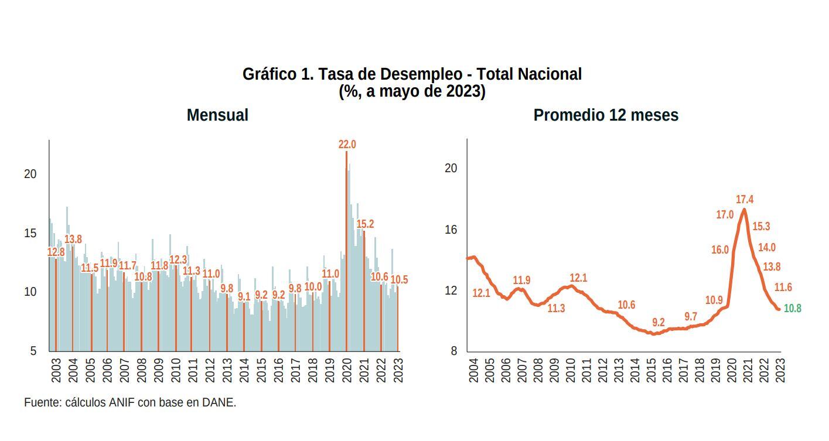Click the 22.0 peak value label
click(x=347, y=144)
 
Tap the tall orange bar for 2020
click(x=346, y=252)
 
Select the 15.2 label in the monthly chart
click(x=365, y=224)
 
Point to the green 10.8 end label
click(x=792, y=308)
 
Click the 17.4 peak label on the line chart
click(x=744, y=200)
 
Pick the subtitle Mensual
click(x=217, y=115)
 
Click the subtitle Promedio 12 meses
click(x=606, y=115)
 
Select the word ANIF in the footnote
click(x=122, y=402)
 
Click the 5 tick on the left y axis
click(x=33, y=351)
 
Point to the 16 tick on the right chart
click(x=451, y=230)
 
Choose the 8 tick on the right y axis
click(x=453, y=351)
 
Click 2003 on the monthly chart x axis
click(x=56, y=370)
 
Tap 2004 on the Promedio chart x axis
click(x=474, y=371)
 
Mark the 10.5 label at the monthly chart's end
click(x=399, y=280)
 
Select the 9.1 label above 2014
click(x=244, y=297)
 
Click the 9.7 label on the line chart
click(x=691, y=317)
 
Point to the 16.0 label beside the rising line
click(x=720, y=250)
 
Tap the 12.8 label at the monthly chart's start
click(x=56, y=252)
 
